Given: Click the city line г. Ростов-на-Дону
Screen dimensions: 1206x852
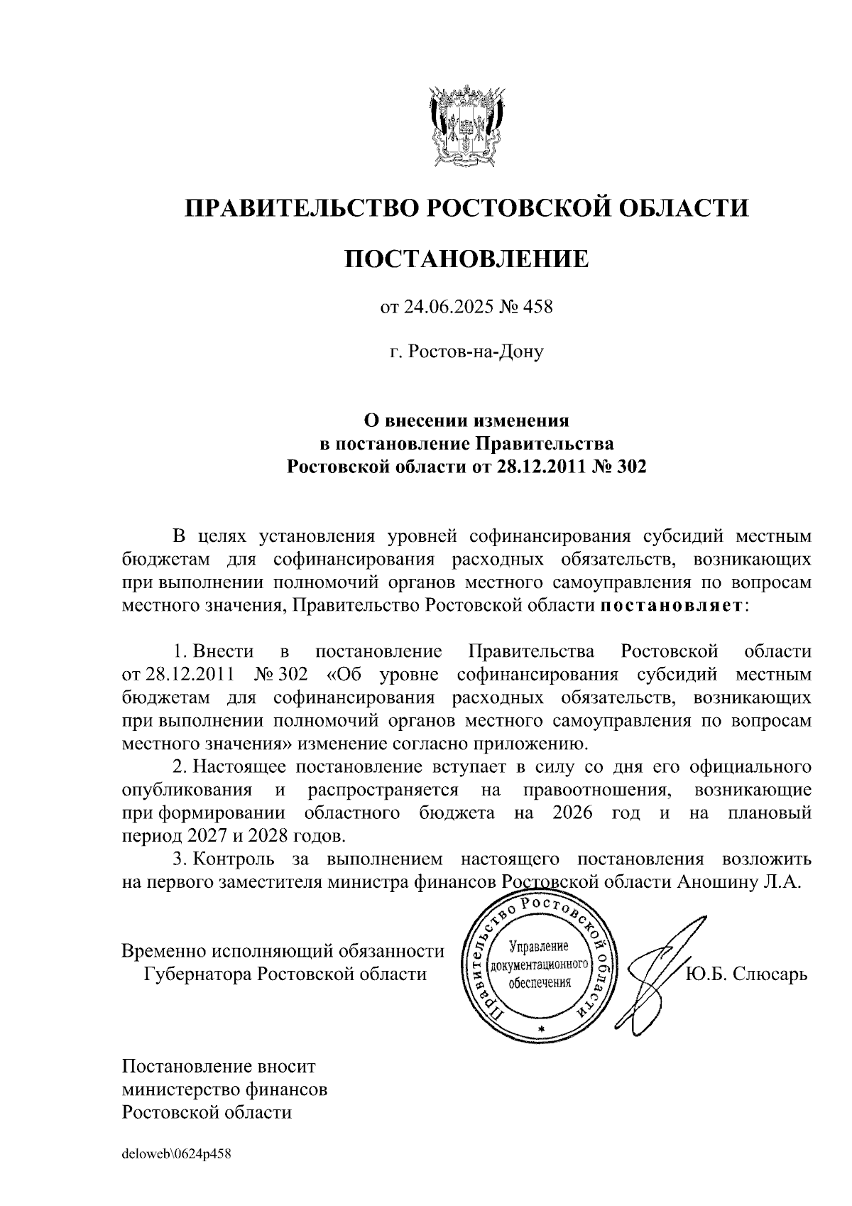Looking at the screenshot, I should click(466, 352).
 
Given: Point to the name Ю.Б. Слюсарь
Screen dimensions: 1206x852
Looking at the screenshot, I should click(746, 974).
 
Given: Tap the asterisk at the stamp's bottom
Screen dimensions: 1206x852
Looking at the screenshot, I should click(541, 1029).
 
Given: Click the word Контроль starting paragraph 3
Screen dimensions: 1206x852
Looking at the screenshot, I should click(234, 859).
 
